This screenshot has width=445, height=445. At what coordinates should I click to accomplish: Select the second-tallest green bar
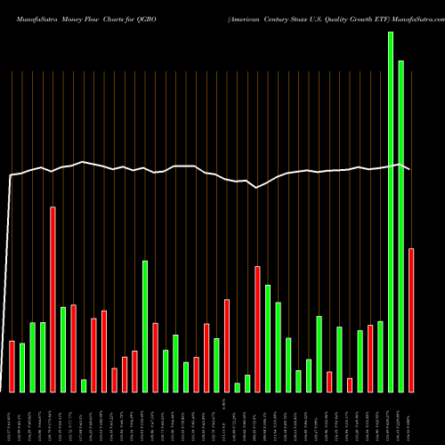(x=400, y=226)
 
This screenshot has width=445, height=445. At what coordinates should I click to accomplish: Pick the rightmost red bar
(x=411, y=320)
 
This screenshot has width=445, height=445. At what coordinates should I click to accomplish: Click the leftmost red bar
(x=12, y=366)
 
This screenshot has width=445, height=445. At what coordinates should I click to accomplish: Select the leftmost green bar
(x=22, y=368)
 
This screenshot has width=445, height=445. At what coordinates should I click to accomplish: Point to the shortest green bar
(x=237, y=387)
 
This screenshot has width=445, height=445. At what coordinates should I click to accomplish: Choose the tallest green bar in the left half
(x=145, y=326)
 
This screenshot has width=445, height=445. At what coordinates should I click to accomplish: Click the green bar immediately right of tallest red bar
(x=63, y=349)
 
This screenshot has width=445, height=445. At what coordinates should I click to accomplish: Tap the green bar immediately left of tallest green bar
(x=380, y=356)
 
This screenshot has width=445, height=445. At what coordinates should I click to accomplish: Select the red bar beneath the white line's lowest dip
(x=257, y=328)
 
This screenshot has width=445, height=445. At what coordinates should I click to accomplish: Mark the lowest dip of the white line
(x=256, y=188)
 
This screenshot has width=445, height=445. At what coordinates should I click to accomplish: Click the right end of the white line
(x=410, y=169)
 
